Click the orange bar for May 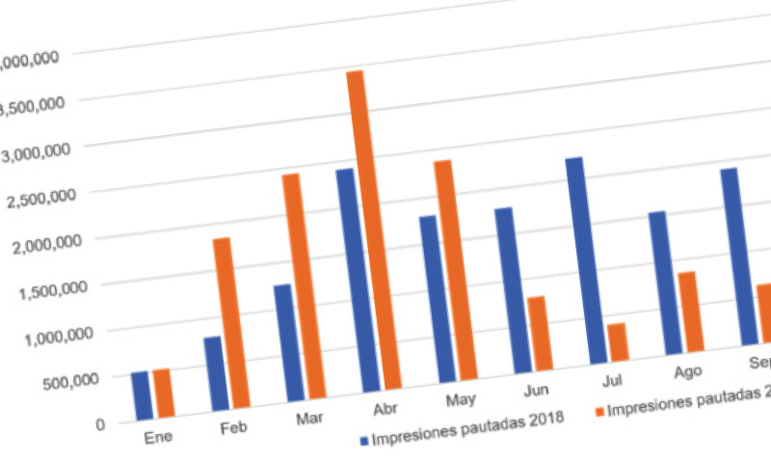coord(453,270)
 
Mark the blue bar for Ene coord(141,395)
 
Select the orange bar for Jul coord(617,344)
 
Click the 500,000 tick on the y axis coord(70,378)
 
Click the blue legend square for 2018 coord(364,441)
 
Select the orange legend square coord(598,412)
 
